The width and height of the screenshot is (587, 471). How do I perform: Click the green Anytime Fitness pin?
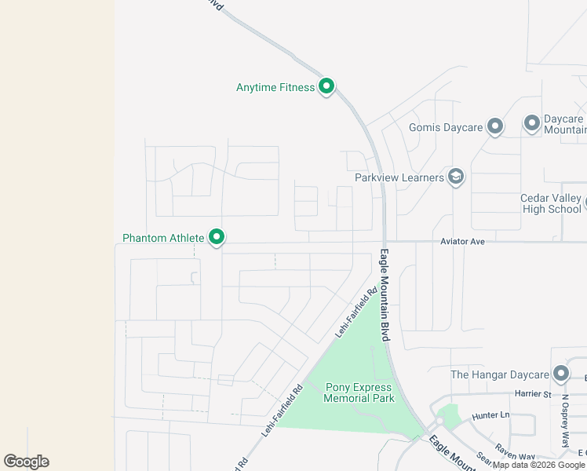[x=326, y=86]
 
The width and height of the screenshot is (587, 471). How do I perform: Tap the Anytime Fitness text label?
[x=275, y=87]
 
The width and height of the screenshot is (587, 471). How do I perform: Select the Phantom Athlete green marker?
[x=217, y=236]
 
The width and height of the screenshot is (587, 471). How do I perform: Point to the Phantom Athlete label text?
[x=163, y=237]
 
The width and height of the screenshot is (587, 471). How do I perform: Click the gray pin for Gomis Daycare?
[x=494, y=126]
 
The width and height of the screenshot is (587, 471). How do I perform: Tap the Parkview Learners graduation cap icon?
[x=455, y=177]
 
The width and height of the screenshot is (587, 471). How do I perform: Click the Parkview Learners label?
[x=399, y=177]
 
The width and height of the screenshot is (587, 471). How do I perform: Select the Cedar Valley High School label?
[x=551, y=203]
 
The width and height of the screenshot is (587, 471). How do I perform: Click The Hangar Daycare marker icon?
[x=560, y=374]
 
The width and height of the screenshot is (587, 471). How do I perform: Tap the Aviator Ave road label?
[x=462, y=242]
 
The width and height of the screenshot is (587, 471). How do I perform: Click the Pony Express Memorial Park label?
[x=359, y=392]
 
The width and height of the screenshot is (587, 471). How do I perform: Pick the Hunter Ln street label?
[x=490, y=414]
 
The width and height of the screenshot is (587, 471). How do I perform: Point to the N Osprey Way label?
[x=564, y=420]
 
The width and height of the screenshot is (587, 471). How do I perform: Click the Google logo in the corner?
[x=26, y=462]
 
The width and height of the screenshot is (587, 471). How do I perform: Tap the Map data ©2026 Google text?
[x=539, y=465]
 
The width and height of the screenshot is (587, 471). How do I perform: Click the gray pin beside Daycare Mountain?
[x=531, y=123]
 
